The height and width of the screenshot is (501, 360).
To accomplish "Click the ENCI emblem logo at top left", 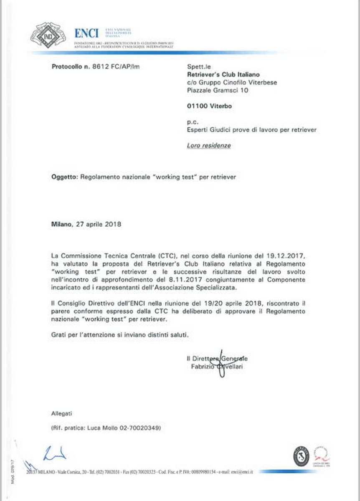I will (48, 35).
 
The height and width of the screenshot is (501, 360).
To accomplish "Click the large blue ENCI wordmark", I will (86, 33).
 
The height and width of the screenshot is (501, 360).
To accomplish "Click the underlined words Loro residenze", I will (208, 146).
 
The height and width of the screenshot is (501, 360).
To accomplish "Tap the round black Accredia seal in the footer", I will (301, 455).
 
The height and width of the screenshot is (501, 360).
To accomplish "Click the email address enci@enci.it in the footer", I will (238, 471).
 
